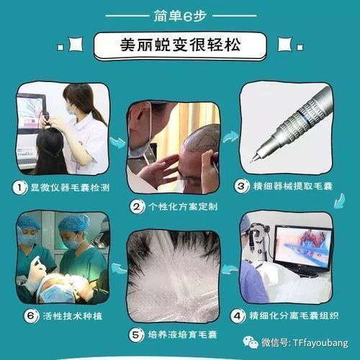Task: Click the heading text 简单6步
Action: tap(180, 16)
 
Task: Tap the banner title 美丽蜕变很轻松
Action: tap(180, 45)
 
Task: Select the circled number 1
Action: tap(19, 187)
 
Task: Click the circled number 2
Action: tap(137, 207)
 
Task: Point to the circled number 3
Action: tap(241, 186)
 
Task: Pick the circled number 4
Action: tap(238, 315)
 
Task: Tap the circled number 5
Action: tap(136, 335)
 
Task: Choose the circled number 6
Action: tap(31, 315)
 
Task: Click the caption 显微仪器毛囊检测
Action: tap(70, 187)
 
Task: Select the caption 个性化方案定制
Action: tap(183, 207)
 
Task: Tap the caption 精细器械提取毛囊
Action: tap(292, 186)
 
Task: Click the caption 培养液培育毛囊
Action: tap(183, 335)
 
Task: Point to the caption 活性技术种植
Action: tap(73, 316)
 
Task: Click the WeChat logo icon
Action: tap(251, 343)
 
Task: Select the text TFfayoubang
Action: tap(320, 343)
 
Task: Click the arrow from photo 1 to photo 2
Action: tap(118, 143)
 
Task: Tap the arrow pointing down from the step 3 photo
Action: tap(340, 201)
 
